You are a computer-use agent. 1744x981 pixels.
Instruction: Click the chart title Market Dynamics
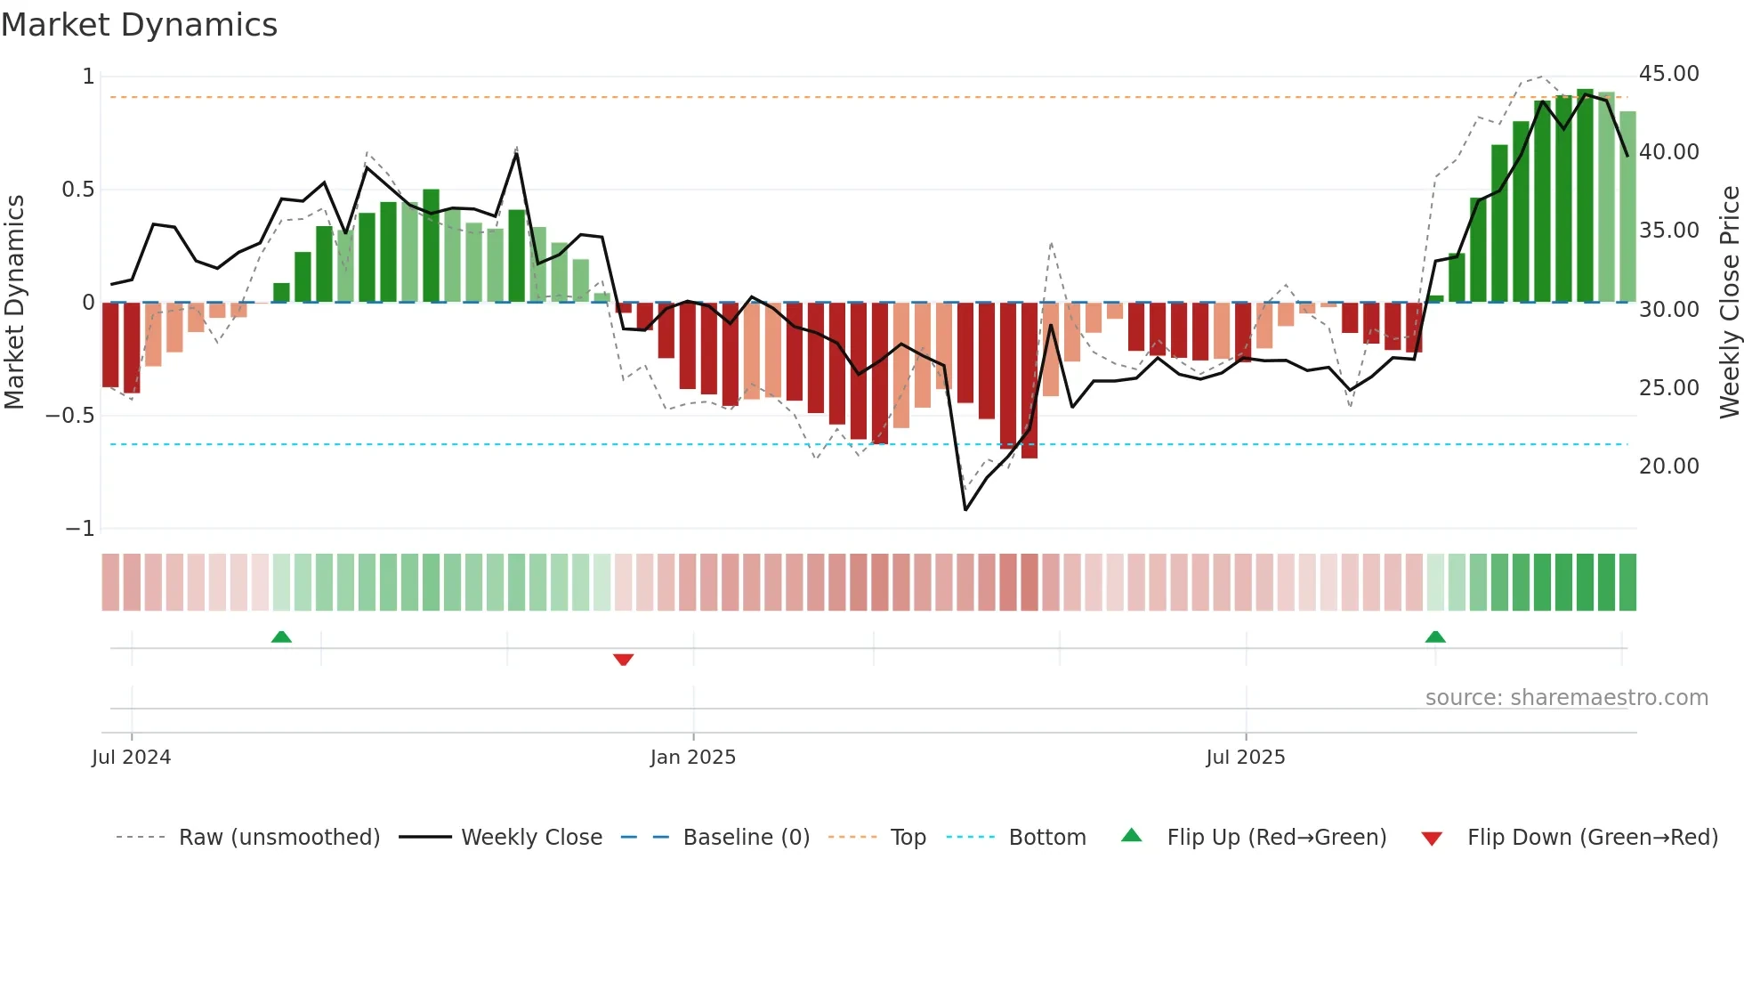(x=139, y=25)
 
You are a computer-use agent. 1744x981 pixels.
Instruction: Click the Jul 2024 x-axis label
(x=131, y=758)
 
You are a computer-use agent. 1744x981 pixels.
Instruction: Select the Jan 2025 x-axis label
(x=693, y=758)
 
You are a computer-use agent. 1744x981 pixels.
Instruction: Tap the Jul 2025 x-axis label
(x=1246, y=758)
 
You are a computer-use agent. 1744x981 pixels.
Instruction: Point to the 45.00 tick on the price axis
(x=1668, y=74)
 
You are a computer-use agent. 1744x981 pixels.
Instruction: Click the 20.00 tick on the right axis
(x=1668, y=466)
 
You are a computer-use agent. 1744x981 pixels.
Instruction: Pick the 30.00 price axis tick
(x=1668, y=310)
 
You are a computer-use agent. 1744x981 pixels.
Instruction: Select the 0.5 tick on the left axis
(x=77, y=190)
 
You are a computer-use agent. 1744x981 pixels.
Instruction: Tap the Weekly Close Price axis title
(x=1729, y=302)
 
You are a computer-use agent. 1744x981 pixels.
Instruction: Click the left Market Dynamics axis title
(x=14, y=302)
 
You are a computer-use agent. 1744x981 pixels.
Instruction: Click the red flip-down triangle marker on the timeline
(x=623, y=660)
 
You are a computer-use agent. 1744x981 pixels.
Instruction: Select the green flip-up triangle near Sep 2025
(x=1435, y=636)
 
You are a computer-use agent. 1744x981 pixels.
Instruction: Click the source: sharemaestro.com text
(x=1566, y=698)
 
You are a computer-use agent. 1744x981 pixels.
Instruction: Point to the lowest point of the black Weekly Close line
(x=965, y=510)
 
